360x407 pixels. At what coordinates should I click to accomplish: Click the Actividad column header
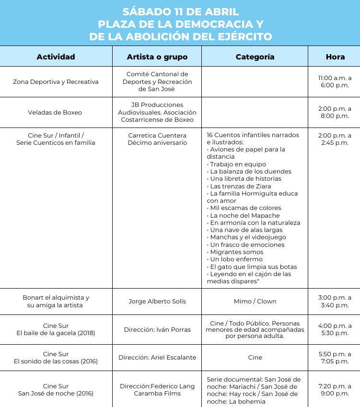coord(56,57)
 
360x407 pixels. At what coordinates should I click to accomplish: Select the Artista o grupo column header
coord(157,57)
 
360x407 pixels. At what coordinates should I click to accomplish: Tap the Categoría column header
coord(255,57)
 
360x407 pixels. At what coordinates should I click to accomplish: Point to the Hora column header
coord(335,57)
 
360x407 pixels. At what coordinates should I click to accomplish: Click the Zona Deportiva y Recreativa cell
coord(56,81)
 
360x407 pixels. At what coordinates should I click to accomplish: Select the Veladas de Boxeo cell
coord(56,112)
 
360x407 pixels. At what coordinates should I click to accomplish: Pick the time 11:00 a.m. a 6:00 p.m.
coord(335,81)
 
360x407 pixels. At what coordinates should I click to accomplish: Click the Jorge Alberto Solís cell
coord(157,301)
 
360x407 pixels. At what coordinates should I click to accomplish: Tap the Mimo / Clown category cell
coord(255,301)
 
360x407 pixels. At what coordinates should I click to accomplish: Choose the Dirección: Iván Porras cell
coord(157,329)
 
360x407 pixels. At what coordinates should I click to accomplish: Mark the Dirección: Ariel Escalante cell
coord(157,357)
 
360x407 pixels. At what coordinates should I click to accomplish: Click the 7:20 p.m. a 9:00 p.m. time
coord(335,389)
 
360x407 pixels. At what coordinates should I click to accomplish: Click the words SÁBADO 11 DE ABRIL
coord(180,12)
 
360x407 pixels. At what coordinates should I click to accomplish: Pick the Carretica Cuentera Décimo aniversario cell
coord(157,139)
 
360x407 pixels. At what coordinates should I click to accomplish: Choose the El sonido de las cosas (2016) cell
coord(56,361)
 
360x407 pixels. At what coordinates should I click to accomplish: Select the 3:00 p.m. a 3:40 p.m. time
coord(335,301)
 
